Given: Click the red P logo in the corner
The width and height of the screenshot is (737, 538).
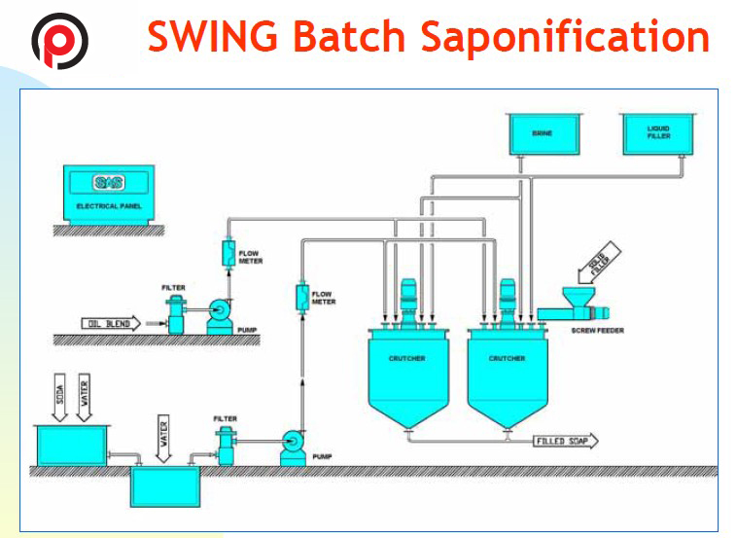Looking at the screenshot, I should pos(59,40).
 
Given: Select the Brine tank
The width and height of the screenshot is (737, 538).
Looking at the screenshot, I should pos(542,132).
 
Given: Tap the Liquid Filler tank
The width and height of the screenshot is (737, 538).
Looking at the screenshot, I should pos(659,132).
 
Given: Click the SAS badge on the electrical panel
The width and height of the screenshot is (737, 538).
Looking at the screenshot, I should pos(103,182).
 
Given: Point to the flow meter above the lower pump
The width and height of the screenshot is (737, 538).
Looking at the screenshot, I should pos(300,295).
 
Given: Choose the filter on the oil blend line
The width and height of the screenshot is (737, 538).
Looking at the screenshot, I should pos(178,314).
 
